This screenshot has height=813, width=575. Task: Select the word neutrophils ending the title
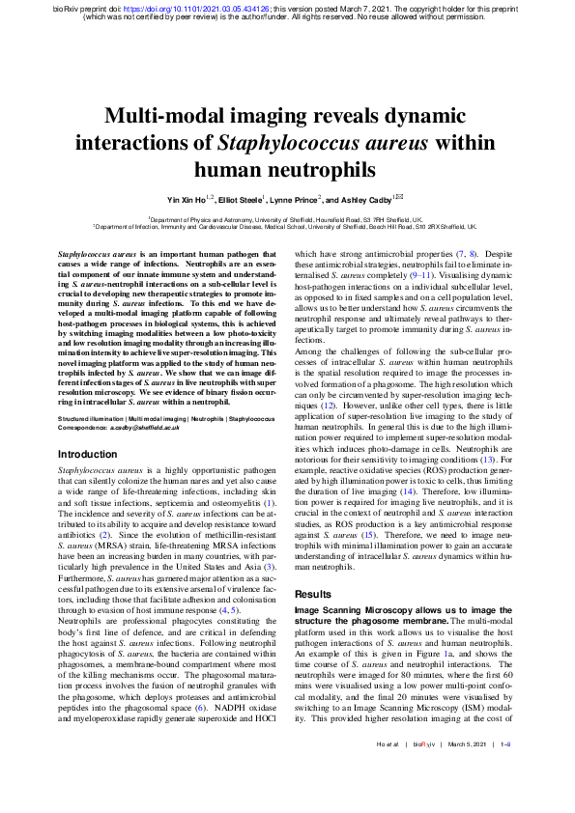[x=286, y=171]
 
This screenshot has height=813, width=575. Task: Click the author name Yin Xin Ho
[x=190, y=201]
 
